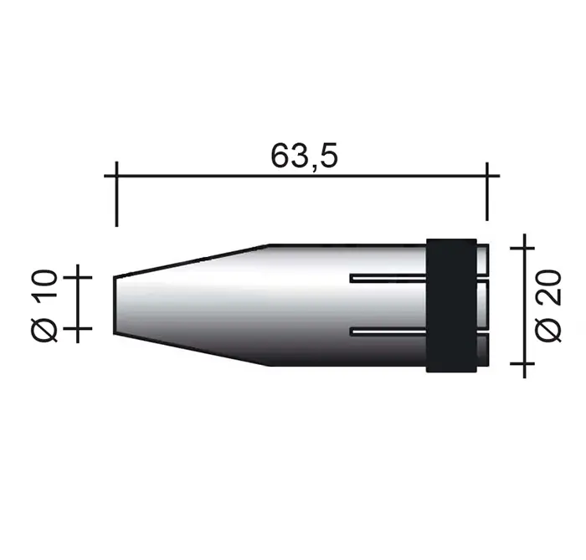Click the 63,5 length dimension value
[304, 156]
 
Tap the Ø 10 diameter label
[45, 306]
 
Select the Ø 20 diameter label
[548, 306]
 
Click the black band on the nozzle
[451, 306]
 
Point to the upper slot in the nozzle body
[388, 278]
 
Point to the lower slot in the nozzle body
[388, 331]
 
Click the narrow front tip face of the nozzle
[115, 305]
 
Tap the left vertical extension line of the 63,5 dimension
[116, 194]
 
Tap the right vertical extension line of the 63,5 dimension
[486, 192]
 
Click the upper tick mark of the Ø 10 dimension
[78, 277]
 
